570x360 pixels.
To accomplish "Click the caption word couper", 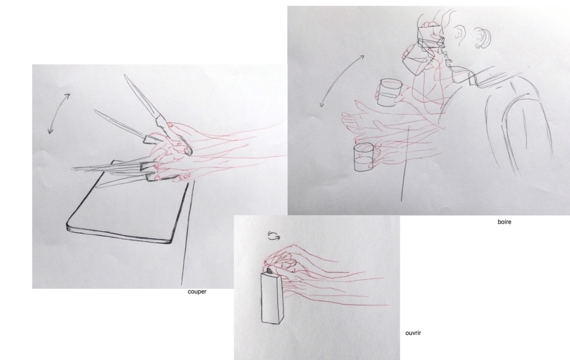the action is coord(196,292).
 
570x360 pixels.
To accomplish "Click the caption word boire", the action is coord(504,222).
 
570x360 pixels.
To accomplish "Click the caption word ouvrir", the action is coord(413,333).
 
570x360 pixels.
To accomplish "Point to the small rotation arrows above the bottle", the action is coord(274,236).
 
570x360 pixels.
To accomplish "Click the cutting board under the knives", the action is coord(127,207).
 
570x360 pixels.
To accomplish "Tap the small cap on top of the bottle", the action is coord(270,270).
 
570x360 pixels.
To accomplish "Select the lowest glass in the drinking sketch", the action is coord(363,157).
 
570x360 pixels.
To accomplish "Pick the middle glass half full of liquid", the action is coord(388,92).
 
